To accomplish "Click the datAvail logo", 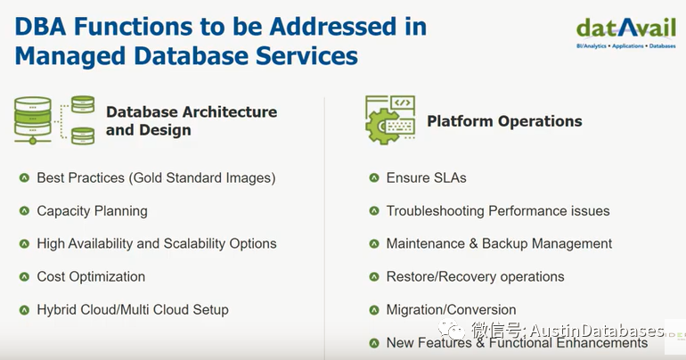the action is (626, 33).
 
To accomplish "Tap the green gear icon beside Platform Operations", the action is (382, 127).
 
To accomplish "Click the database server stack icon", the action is (54, 120).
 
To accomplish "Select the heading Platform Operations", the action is (504, 121).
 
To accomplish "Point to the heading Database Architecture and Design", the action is (192, 120).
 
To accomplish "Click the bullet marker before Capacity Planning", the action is (24, 211).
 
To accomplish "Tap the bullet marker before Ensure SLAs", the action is (373, 177).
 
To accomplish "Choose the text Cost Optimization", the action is (91, 276).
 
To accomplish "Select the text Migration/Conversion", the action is (451, 310).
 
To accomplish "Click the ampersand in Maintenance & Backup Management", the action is (473, 243).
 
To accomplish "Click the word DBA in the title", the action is (40, 26).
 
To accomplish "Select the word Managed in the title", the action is (70, 56).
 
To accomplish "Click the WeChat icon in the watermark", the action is (449, 330).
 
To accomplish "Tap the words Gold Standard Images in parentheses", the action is (202, 178).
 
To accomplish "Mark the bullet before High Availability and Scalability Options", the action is (24, 243).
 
